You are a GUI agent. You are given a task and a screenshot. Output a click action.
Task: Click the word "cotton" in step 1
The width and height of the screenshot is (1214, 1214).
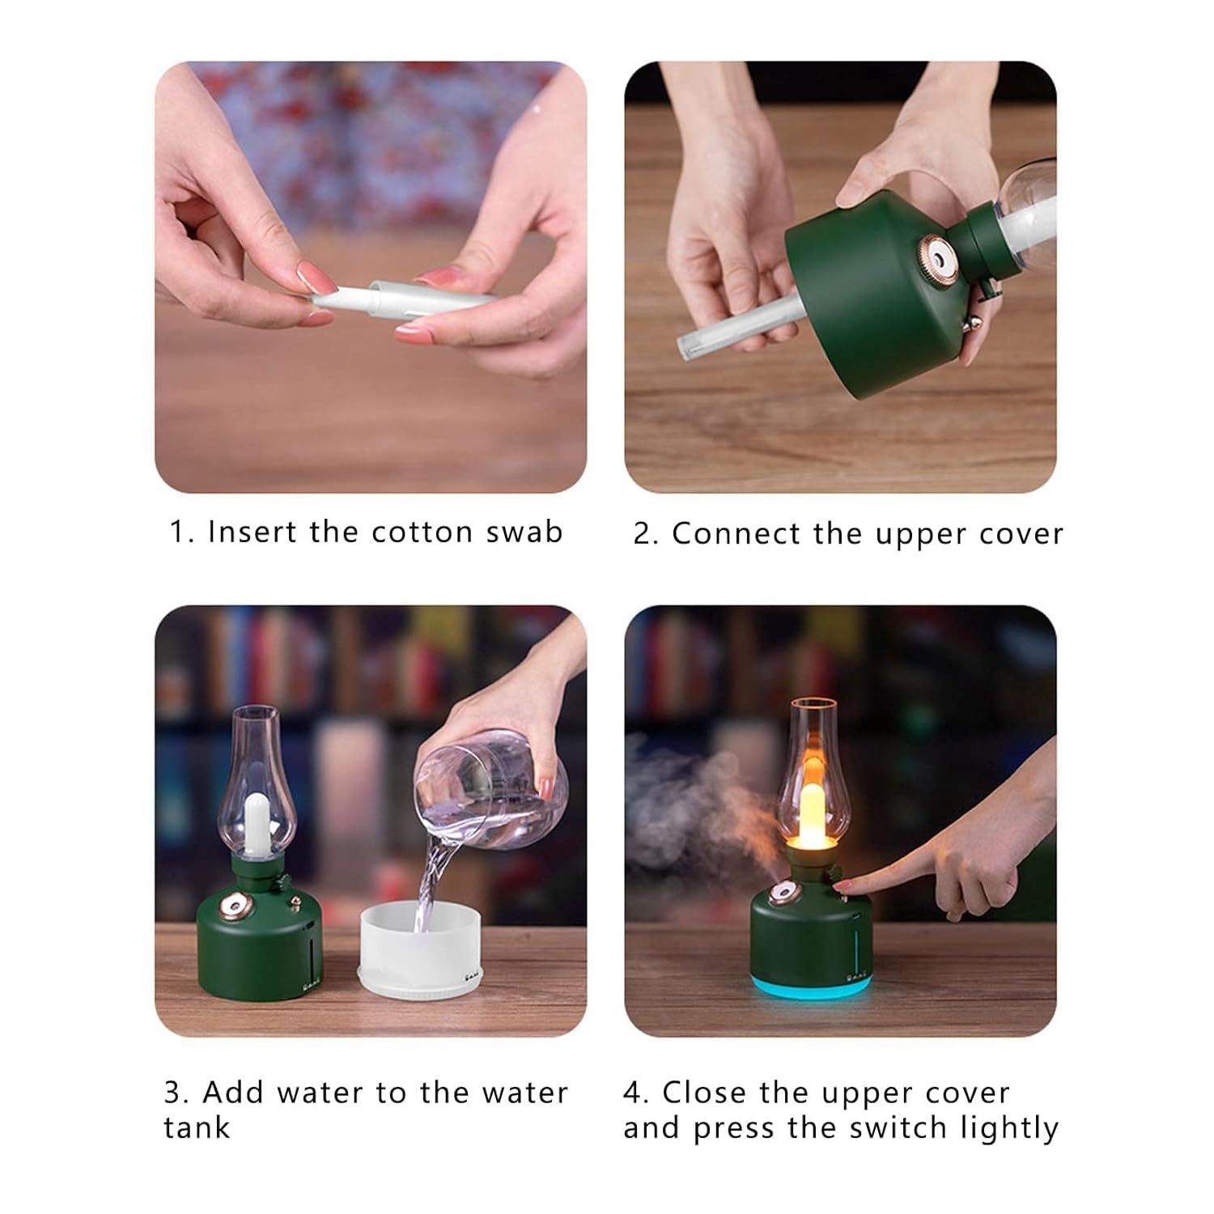[x=422, y=532]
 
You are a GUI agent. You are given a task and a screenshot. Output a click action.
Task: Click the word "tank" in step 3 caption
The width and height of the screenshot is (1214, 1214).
[x=197, y=1127]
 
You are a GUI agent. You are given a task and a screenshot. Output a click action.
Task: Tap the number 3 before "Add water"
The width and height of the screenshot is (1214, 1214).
[x=176, y=1093]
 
